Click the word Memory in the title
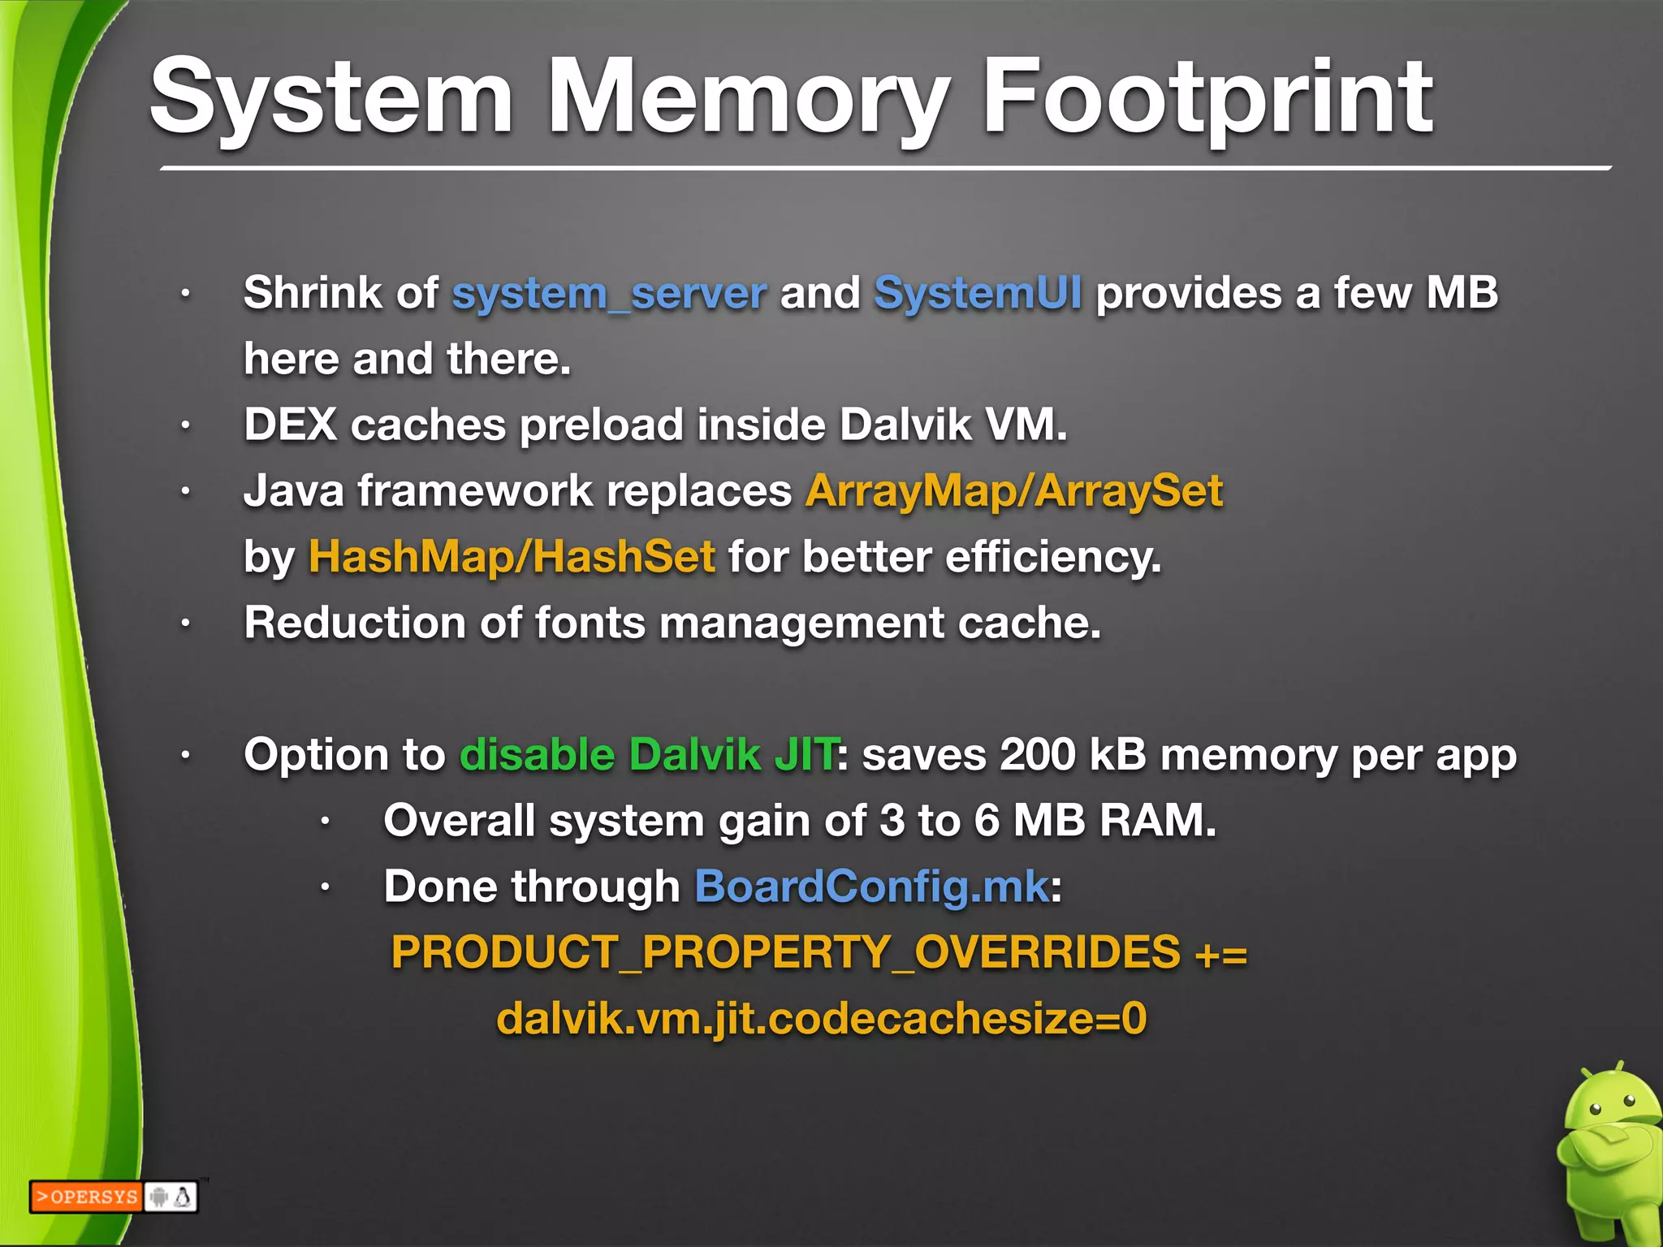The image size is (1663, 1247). [748, 99]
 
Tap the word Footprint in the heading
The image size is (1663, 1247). [1207, 99]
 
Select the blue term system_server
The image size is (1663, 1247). [609, 293]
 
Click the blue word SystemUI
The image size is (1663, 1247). [978, 293]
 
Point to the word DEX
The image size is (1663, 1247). [290, 425]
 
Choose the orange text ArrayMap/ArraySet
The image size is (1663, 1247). [1014, 491]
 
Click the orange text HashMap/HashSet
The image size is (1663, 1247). [512, 557]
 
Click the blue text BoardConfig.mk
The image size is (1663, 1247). [871, 887]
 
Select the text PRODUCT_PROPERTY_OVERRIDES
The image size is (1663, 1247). [785, 952]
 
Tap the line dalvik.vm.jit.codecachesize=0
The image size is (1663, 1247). [821, 1019]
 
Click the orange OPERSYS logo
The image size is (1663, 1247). [86, 1197]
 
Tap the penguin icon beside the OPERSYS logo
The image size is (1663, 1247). [184, 1197]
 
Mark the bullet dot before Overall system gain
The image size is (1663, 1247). [325, 822]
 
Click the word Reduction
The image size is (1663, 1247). [355, 623]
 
